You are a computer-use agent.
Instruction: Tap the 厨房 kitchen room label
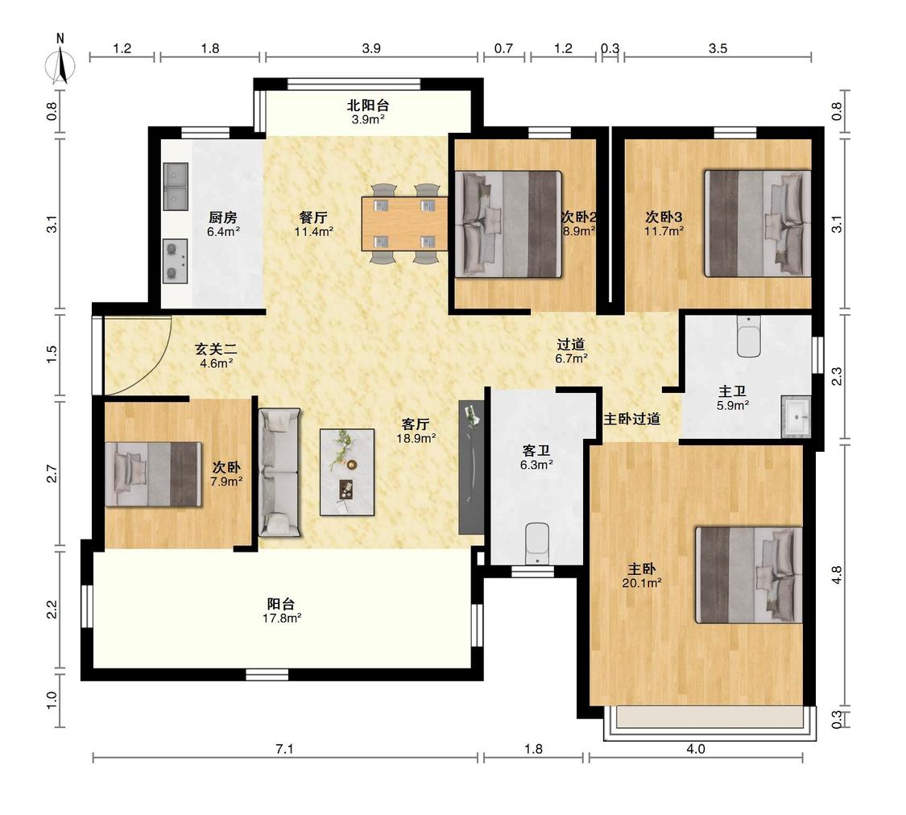click(223, 217)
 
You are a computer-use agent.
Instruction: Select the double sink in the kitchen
click(175, 187)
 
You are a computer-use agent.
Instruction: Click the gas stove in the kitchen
click(175, 261)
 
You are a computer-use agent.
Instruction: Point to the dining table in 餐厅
click(404, 224)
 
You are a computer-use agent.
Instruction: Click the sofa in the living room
click(279, 473)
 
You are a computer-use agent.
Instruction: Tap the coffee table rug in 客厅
click(347, 472)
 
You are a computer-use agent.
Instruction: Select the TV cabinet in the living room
click(471, 467)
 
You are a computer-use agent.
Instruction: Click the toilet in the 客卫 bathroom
click(537, 544)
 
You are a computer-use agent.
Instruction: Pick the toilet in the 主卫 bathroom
click(749, 336)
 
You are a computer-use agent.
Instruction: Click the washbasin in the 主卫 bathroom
click(796, 416)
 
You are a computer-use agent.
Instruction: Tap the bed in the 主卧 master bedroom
click(749, 575)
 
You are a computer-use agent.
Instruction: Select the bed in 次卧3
click(758, 223)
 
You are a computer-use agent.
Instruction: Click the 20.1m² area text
click(642, 583)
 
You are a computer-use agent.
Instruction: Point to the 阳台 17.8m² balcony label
click(281, 610)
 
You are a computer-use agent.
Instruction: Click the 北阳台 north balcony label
click(368, 105)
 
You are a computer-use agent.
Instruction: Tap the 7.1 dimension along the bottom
click(284, 749)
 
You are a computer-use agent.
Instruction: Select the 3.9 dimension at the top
click(371, 48)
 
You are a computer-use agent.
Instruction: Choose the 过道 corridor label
click(571, 344)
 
